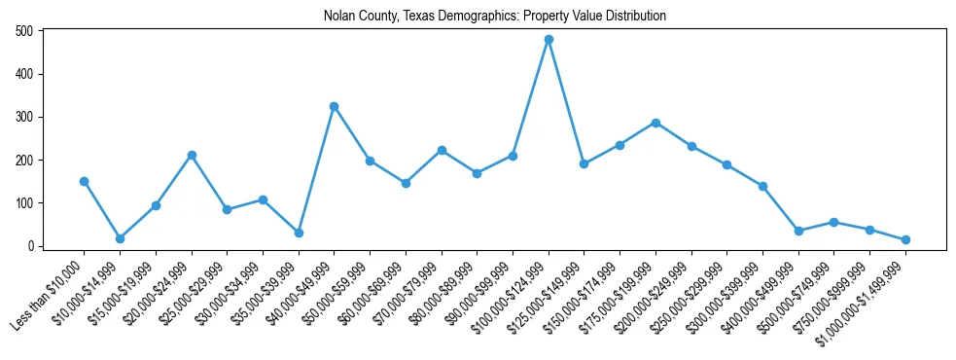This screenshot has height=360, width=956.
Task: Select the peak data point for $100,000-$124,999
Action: pyautogui.click(x=549, y=40)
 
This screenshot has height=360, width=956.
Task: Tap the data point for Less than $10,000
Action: pyautogui.click(x=84, y=181)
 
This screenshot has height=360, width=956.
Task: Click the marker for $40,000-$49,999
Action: pyautogui.click(x=334, y=106)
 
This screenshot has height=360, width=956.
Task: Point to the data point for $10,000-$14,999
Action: pyautogui.click(x=120, y=238)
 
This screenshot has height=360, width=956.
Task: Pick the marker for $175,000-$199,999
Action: pyautogui.click(x=655, y=123)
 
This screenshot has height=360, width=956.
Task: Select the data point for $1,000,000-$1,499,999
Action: pyautogui.click(x=905, y=239)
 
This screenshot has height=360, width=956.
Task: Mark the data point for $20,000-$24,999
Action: pyautogui.click(x=192, y=155)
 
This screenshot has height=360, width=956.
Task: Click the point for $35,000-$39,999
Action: pyautogui.click(x=299, y=233)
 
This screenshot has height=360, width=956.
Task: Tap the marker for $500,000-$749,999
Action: pyautogui.click(x=833, y=222)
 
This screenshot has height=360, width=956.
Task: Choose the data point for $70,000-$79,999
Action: pyautogui.click(x=442, y=150)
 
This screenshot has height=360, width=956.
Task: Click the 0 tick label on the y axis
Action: pyautogui.click(x=31, y=246)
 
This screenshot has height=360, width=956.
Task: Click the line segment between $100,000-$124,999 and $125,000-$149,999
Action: pyautogui.click(x=566, y=102)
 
